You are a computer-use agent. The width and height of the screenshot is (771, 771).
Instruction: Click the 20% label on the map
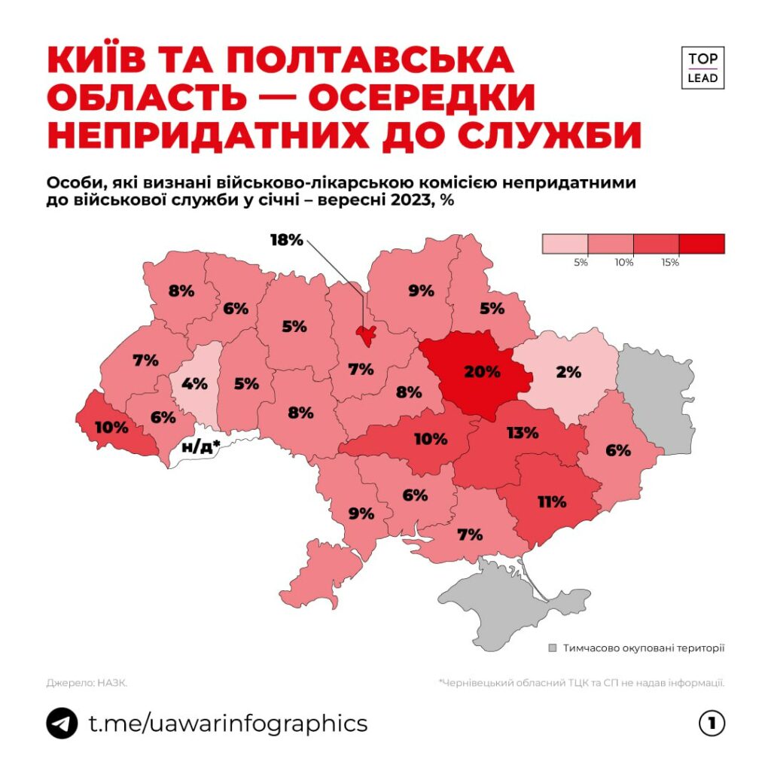482,371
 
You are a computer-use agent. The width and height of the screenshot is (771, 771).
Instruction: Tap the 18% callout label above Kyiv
286,240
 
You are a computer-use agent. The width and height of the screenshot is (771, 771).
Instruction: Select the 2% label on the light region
569,371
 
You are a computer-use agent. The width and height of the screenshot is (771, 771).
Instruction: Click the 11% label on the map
552,501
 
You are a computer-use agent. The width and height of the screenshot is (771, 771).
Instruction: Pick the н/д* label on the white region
201,446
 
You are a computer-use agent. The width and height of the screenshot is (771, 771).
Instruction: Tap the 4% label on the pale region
194,383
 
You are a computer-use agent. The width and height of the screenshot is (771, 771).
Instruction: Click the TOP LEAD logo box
702,68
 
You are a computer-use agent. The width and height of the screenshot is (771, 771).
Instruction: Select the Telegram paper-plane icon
62,724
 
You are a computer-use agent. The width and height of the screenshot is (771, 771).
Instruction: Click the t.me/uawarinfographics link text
228,724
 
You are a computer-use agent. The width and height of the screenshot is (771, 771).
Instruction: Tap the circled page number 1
712,724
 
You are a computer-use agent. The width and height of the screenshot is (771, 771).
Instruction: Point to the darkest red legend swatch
701,243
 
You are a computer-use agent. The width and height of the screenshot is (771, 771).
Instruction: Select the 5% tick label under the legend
580,263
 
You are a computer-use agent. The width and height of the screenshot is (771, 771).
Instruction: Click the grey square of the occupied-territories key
553,648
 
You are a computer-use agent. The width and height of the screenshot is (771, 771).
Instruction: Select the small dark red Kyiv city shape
367,336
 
